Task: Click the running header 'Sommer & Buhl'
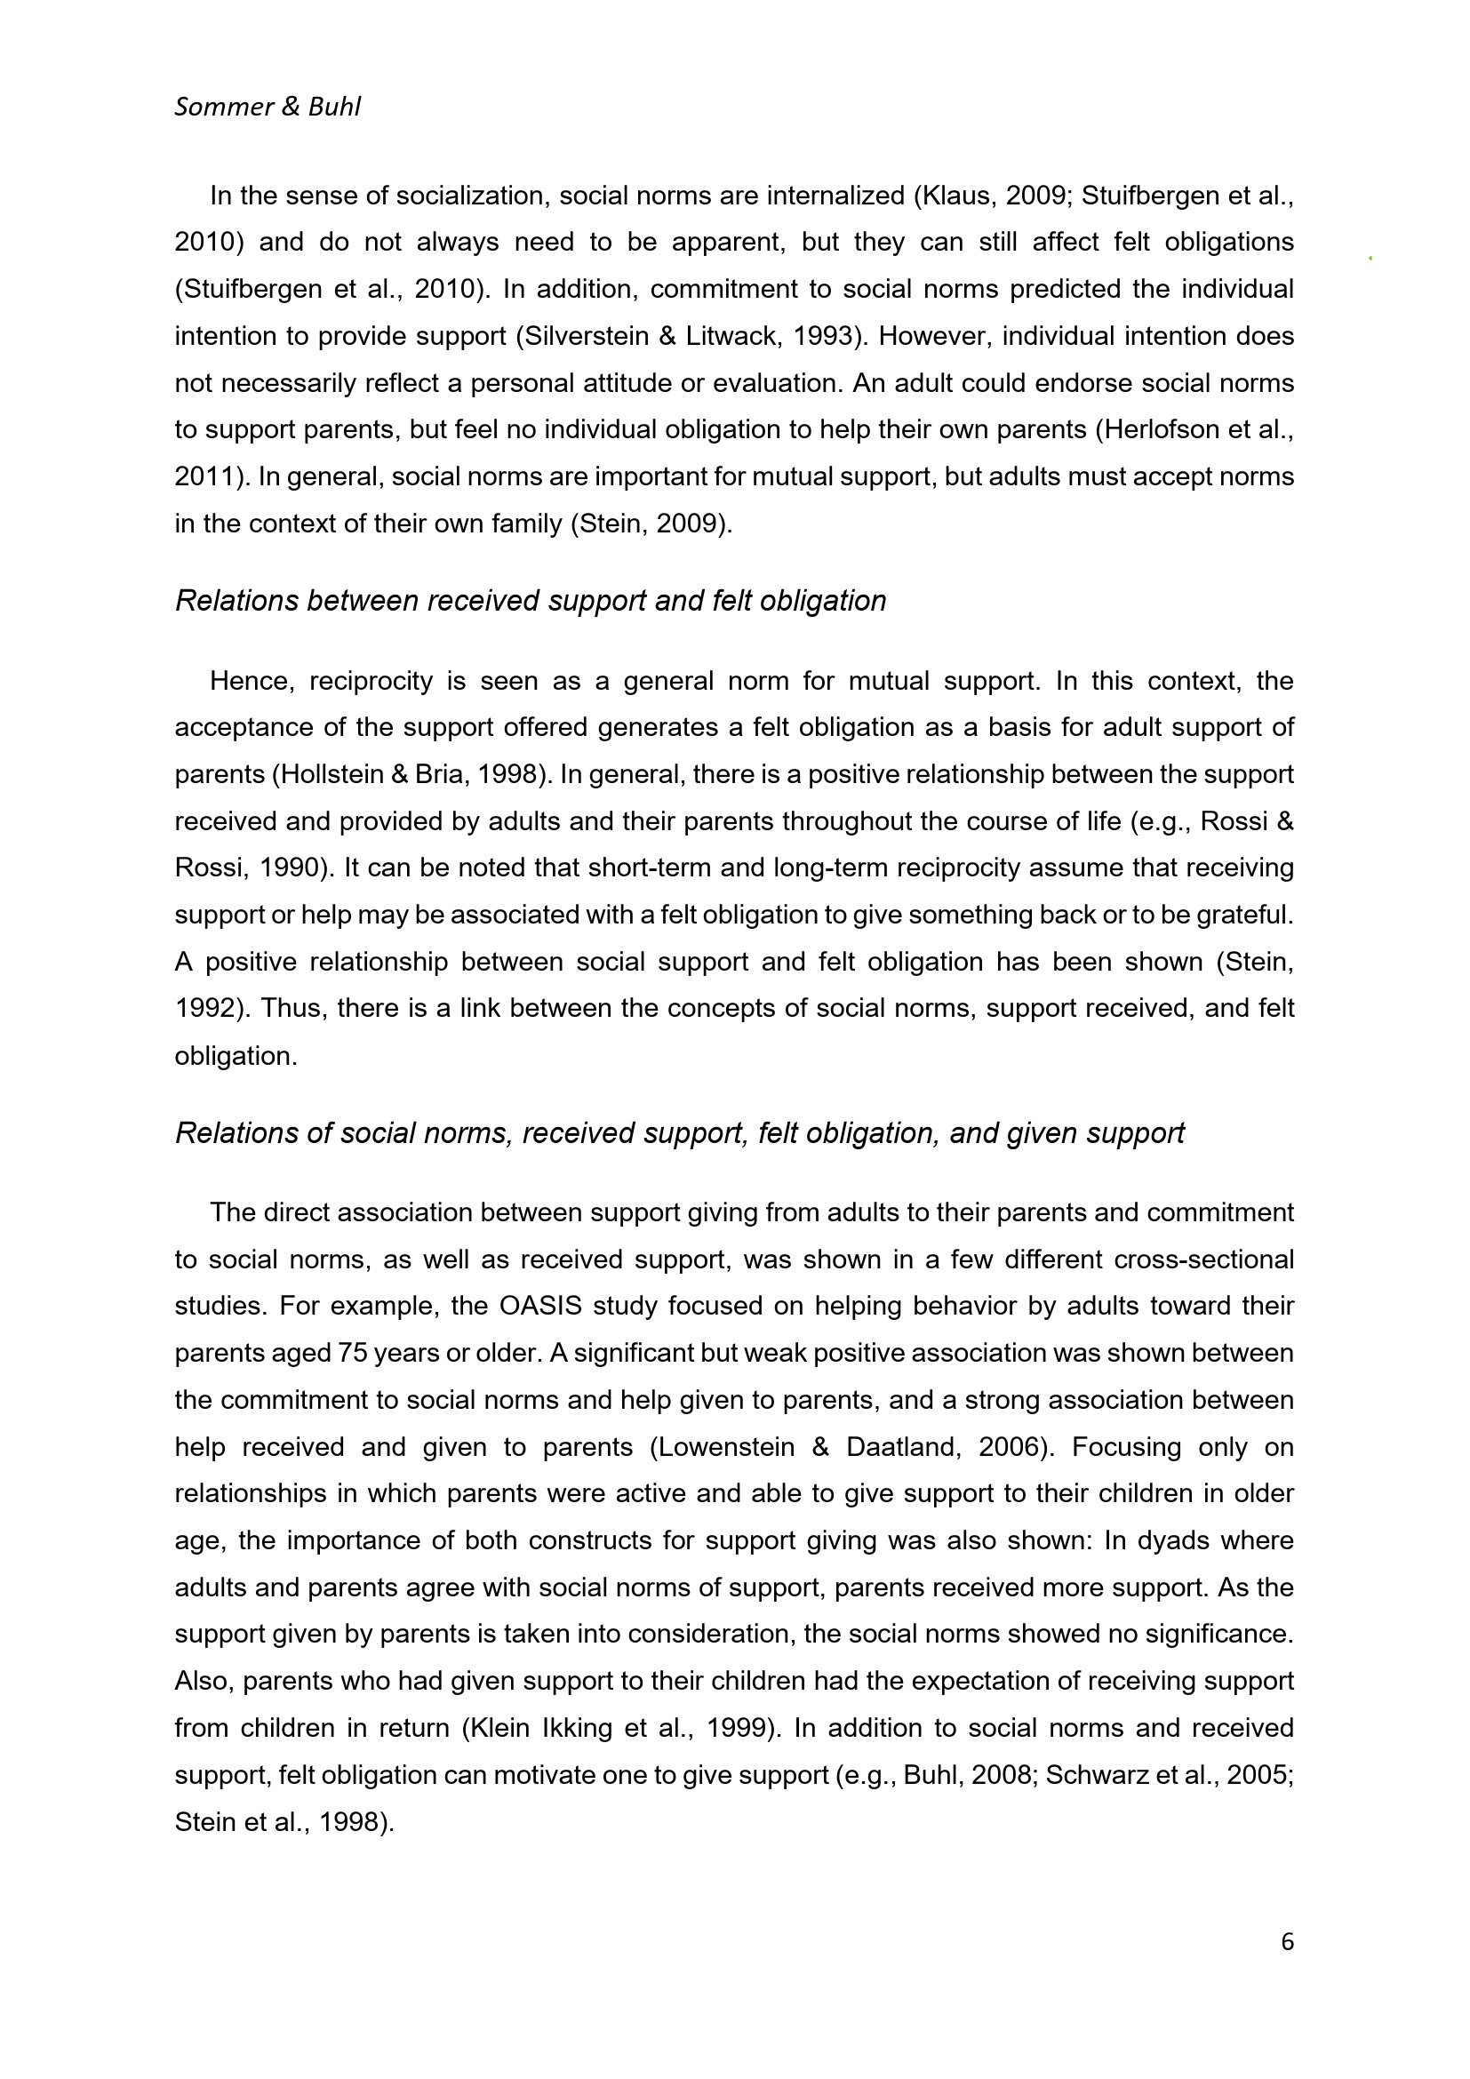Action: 267,108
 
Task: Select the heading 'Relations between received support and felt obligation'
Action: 530,601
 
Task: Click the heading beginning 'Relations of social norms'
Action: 679,1132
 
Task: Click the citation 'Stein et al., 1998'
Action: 281,1823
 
